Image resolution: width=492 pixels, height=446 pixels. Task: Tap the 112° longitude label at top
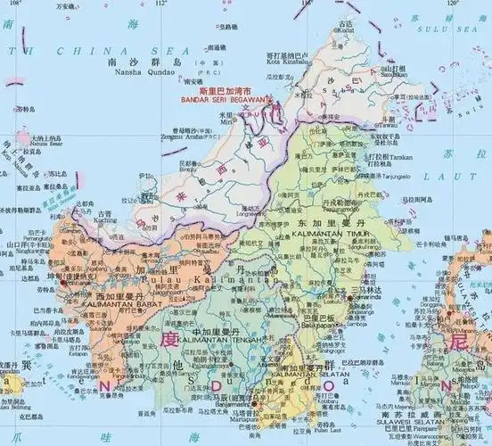pyautogui.click(x=161, y=4)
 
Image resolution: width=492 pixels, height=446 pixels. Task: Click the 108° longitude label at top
pyautogui.click(x=10, y=4)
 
